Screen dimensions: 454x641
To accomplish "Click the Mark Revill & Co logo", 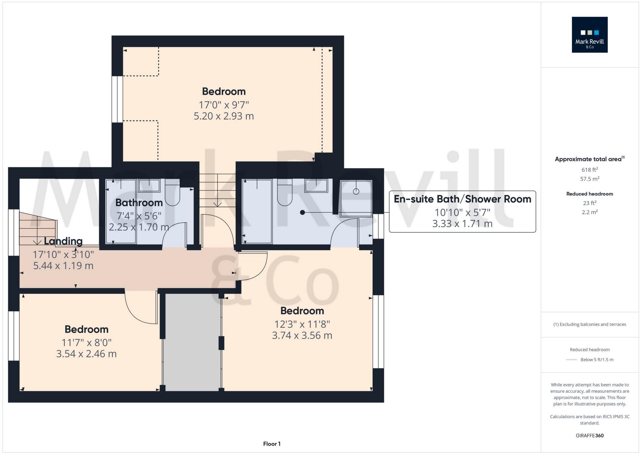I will (589, 35).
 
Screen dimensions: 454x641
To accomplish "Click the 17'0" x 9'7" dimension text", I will (224, 105).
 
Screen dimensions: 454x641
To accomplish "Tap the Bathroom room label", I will (139, 203).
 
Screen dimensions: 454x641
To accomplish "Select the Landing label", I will (63, 241).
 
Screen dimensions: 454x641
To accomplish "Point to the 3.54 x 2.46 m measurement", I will (86, 354).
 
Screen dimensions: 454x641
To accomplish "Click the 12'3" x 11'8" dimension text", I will (302, 324).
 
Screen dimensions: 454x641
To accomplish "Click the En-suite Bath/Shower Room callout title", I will (462, 199).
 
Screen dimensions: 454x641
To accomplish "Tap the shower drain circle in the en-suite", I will (356, 191).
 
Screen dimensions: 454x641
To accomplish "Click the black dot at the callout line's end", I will (302, 212).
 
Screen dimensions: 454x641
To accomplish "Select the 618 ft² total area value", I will (589, 170).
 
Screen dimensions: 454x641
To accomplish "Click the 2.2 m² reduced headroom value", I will (589, 212).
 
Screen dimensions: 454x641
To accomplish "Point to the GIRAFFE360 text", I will (589, 436).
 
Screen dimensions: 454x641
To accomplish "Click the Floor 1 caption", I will (272, 444).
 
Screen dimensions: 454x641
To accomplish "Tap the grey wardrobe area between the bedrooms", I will (192, 342).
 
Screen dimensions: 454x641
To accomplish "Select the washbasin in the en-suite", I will (316, 186).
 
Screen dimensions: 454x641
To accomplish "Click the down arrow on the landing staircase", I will (37, 242).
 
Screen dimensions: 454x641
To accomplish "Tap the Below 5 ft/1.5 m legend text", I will (597, 360).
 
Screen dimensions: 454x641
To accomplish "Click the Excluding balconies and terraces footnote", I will (589, 324).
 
